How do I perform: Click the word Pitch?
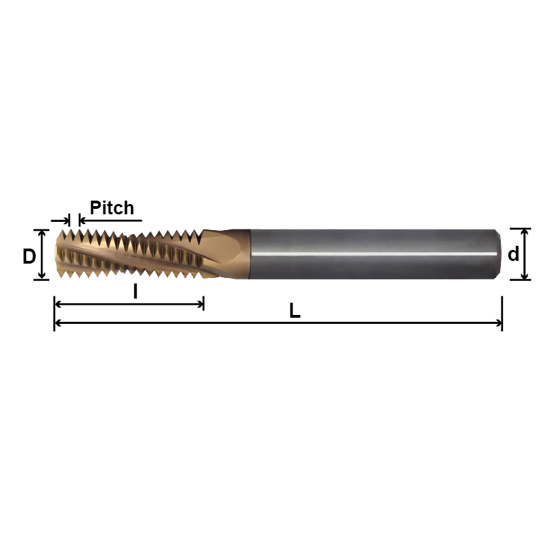click(x=112, y=207)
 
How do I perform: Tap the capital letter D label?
click(x=29, y=257)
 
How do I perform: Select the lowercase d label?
click(x=513, y=255)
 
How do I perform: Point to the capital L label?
click(x=295, y=311)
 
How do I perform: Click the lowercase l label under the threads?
click(x=135, y=292)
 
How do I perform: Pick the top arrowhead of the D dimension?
click(x=42, y=233)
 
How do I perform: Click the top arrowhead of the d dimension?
click(x=525, y=232)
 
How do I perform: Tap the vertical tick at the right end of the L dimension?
click(x=502, y=314)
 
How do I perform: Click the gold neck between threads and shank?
click(x=226, y=253)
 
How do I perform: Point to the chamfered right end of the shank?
click(x=495, y=254)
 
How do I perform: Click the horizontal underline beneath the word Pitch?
click(x=113, y=220)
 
